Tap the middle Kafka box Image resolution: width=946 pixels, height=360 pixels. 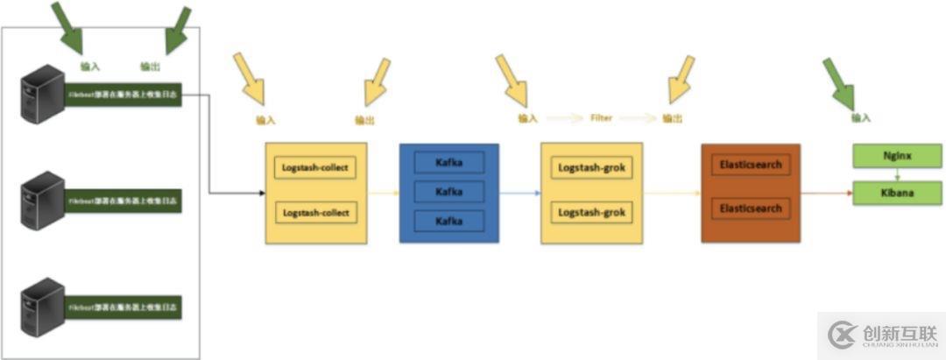pos(448,192)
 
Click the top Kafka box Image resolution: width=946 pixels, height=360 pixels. pos(448,163)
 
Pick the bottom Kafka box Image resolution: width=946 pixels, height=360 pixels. pos(448,221)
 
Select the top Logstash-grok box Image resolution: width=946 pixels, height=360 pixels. pos(590,167)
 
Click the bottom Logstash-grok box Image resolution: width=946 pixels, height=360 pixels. pos(590,213)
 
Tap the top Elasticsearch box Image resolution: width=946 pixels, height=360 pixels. pos(750,165)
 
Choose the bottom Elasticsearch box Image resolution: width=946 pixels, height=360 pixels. pos(750,210)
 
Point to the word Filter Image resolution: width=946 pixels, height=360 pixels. pos(601,117)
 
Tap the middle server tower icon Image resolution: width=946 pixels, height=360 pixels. pos(43,201)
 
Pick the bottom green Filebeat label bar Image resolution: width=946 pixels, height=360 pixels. pos(123,309)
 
